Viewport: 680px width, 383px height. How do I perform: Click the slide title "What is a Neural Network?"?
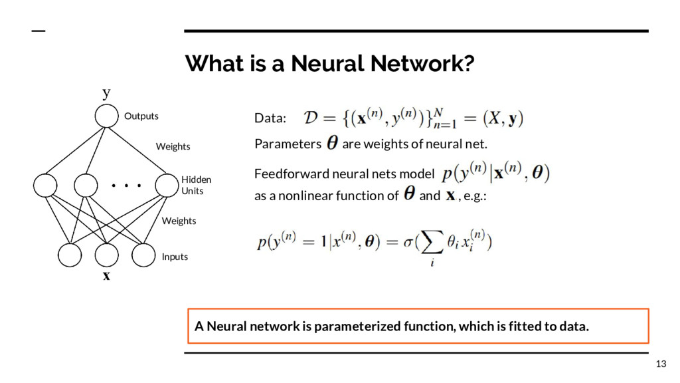click(x=330, y=64)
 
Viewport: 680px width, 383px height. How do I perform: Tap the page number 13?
click(x=660, y=364)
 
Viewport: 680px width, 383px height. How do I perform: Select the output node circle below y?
click(x=105, y=116)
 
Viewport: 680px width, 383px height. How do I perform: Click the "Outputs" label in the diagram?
click(x=141, y=116)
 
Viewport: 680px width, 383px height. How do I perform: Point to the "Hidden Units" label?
click(x=196, y=185)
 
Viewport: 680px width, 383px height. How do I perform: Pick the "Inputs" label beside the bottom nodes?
click(x=175, y=257)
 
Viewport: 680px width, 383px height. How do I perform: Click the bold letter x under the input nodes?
click(x=106, y=276)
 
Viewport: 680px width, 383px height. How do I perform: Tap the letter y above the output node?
click(x=106, y=92)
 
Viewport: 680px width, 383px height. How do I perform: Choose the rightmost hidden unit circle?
click(x=167, y=186)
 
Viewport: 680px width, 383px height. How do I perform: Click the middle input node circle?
click(x=106, y=255)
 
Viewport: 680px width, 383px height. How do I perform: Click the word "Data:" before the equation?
click(x=270, y=119)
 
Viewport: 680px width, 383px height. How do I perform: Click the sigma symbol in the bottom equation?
click(x=409, y=243)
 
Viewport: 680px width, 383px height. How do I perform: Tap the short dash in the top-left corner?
click(x=39, y=31)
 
